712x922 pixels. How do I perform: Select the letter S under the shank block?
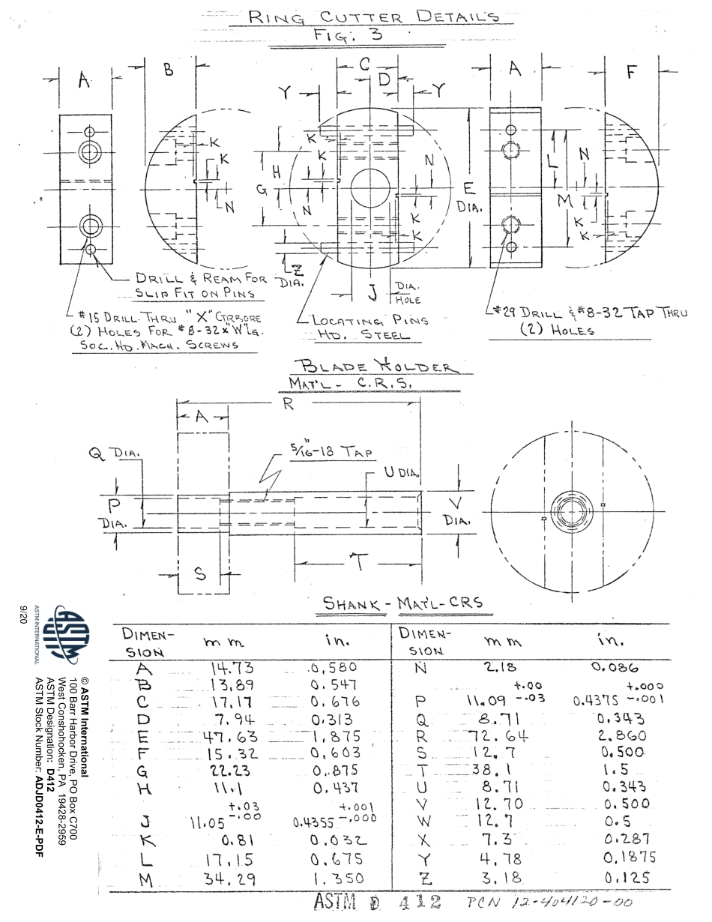pos(199,574)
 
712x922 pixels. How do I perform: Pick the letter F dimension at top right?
pos(631,73)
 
